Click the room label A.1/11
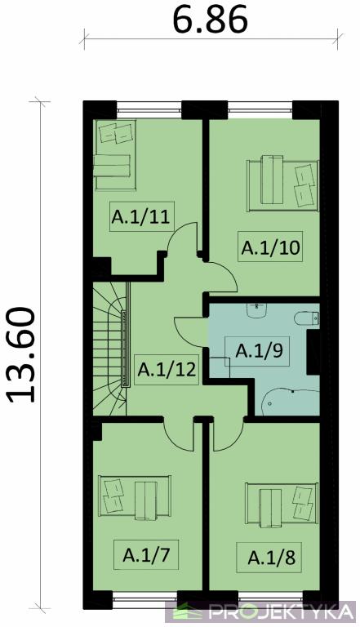point(140,217)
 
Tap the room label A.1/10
point(270,247)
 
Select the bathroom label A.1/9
point(260,351)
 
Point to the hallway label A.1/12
point(167,370)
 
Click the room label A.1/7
point(146,555)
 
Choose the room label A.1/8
point(272,558)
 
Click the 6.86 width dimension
point(211,20)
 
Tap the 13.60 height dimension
point(21,355)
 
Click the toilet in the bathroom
point(307,318)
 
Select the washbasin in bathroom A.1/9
point(256,310)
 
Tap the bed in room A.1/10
point(282,183)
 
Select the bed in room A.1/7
point(135,498)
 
